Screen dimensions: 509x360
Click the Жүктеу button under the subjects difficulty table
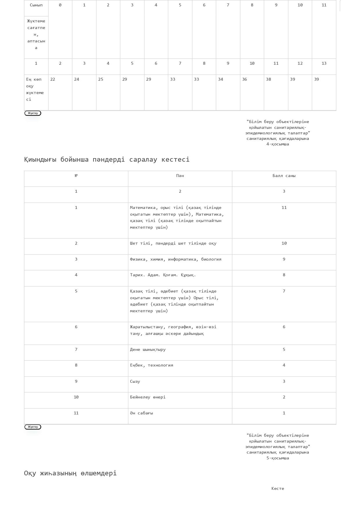tap(33, 427)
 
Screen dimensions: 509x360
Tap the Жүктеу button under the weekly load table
tap(33, 113)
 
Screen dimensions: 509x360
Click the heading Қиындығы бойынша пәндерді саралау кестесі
tap(107, 160)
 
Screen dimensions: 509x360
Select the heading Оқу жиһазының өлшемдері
tap(70, 473)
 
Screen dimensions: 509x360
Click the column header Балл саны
tap(284, 176)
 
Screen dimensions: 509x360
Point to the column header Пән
tap(180, 176)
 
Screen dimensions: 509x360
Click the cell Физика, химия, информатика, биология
tap(176, 259)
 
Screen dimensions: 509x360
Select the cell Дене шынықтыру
tap(148, 350)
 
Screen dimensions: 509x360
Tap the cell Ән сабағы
tap(141, 413)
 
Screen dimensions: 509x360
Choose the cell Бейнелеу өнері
tap(148, 397)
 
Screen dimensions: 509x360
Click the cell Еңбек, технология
tap(152, 365)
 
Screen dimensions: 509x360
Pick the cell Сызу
tap(135, 382)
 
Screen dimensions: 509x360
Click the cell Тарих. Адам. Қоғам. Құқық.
tap(163, 275)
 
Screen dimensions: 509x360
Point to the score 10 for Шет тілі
tap(284, 243)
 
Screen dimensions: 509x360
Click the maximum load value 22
tap(53, 80)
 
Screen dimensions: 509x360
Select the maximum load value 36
tap(244, 80)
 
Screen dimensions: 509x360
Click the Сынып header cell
tap(36, 5)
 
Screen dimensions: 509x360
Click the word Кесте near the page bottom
tap(278, 489)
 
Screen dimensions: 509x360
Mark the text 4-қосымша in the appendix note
tap(278, 144)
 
